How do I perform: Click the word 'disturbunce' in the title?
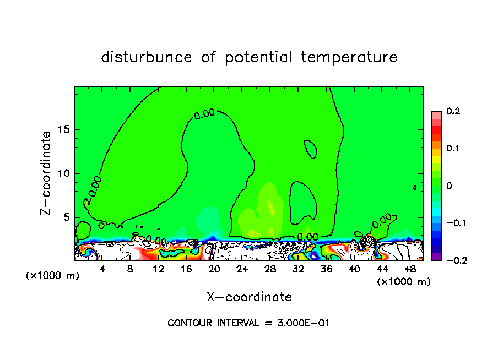pyautogui.click(x=147, y=57)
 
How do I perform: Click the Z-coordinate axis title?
pyautogui.click(x=47, y=173)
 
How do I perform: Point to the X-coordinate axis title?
pyautogui.click(x=249, y=297)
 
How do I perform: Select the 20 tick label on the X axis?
pyautogui.click(x=214, y=270)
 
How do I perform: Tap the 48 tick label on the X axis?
pyautogui.click(x=410, y=270)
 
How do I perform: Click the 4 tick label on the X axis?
pyautogui.click(x=102, y=270)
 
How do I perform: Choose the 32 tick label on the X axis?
pyautogui.click(x=298, y=270)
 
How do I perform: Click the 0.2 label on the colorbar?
pyautogui.click(x=453, y=111)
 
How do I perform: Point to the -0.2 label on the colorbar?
pyautogui.click(x=452, y=260)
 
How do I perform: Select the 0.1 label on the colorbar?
pyautogui.click(x=453, y=149)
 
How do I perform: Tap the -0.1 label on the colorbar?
pyautogui.click(x=452, y=223)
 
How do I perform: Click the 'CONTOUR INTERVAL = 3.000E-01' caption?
pyautogui.click(x=248, y=323)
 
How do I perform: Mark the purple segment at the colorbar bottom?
pyautogui.click(x=436, y=257)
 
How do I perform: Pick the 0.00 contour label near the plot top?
pyautogui.click(x=204, y=114)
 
